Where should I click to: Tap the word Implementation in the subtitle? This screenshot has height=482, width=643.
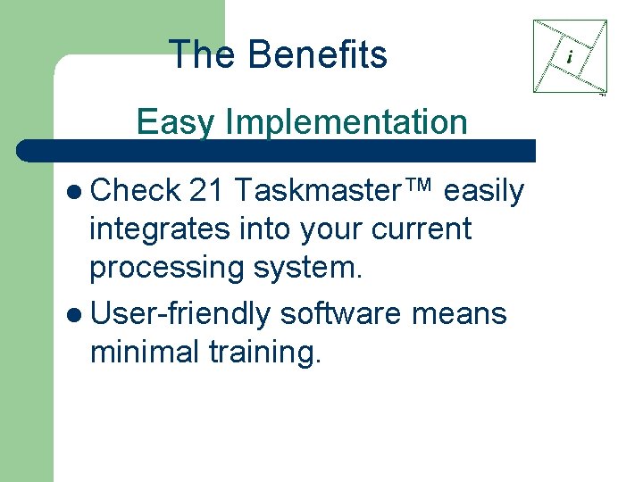tap(346, 122)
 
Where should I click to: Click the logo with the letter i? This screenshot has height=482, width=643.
tap(570, 57)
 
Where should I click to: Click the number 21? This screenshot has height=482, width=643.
tap(206, 191)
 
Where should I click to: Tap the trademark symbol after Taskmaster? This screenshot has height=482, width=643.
tap(422, 186)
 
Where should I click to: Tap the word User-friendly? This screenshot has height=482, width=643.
tap(180, 314)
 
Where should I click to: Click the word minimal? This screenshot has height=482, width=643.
tap(144, 353)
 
